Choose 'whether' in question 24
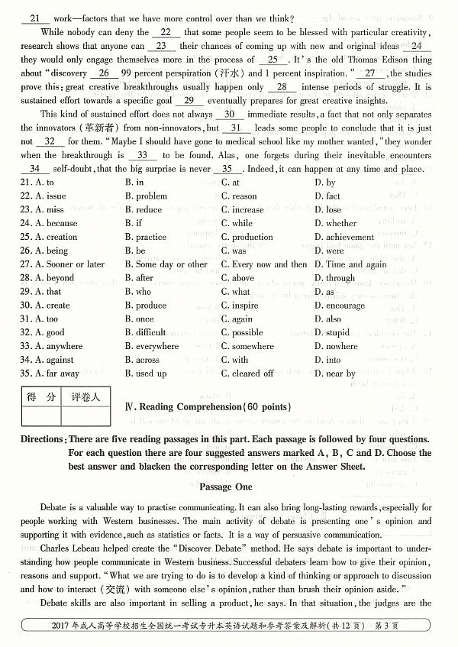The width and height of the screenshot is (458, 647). (x=340, y=224)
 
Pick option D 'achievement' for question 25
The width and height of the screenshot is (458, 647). (x=350, y=238)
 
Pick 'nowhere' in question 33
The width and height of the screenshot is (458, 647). (x=341, y=347)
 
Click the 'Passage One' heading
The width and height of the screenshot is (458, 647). (x=228, y=486)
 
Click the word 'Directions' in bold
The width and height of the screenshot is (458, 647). (x=41, y=439)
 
